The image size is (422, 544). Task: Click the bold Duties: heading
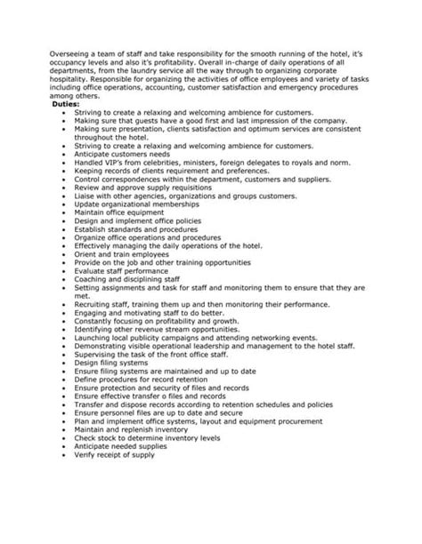coord(67,104)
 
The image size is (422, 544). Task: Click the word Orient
coord(87,256)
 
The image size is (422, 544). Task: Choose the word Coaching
coord(93,280)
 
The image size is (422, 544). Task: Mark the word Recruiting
coord(95,304)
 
